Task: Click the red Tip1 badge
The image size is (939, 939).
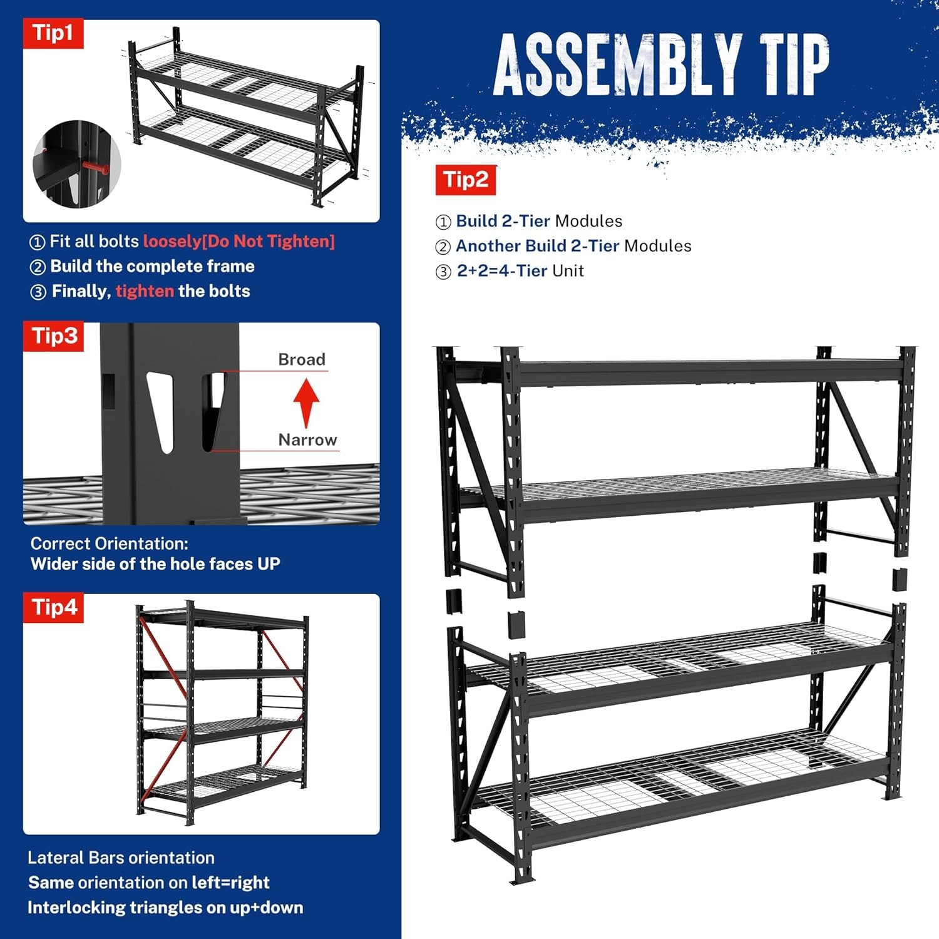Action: tap(53, 33)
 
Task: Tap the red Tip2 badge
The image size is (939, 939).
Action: tap(466, 180)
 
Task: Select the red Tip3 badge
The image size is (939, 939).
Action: tap(54, 336)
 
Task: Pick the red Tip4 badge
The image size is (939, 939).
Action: tap(54, 608)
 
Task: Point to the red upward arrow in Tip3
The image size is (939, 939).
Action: tap(306, 401)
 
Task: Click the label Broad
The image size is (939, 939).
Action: tap(302, 359)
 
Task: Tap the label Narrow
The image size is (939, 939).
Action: tap(307, 439)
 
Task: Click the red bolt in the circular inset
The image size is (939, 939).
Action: tap(95, 168)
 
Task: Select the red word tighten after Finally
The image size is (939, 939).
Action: tap(145, 291)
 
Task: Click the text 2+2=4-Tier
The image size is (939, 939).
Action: tap(502, 271)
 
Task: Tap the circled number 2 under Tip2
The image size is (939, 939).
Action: tap(443, 247)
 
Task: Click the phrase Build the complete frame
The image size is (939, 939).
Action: tap(152, 266)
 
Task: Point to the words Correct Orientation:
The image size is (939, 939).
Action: tap(110, 543)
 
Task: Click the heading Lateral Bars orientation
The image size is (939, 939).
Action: tap(121, 858)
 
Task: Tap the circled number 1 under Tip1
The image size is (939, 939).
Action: tap(38, 242)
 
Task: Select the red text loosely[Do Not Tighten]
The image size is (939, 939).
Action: tap(239, 242)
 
